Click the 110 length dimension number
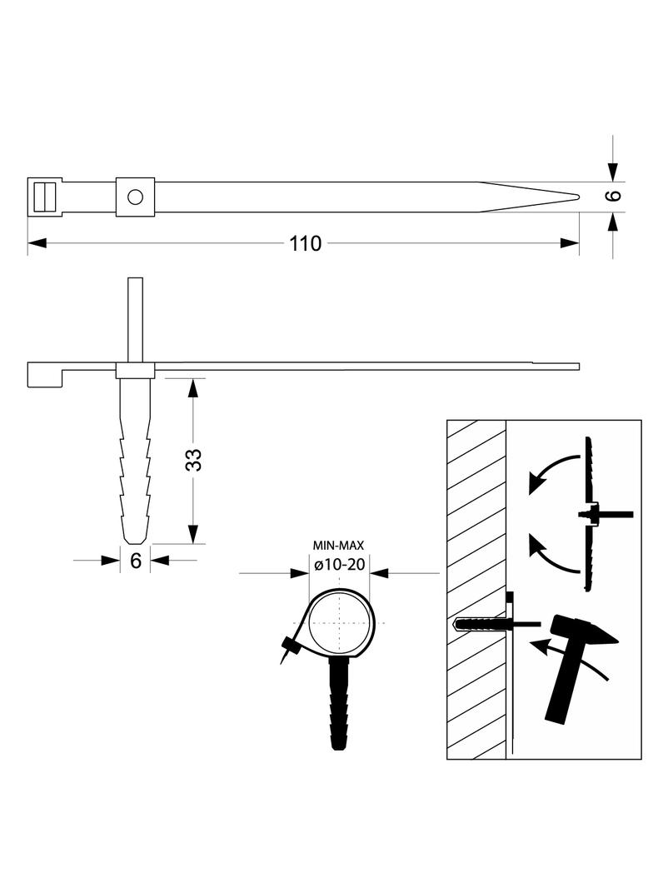[305, 243]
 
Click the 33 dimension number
[194, 460]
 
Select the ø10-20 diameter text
[340, 565]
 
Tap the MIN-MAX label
[339, 546]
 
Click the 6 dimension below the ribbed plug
[136, 561]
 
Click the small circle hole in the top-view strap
[136, 197]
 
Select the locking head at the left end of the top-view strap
[45, 197]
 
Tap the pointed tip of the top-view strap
[578, 197]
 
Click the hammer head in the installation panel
[584, 631]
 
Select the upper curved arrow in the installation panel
[553, 472]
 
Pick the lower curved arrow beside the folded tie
[553, 553]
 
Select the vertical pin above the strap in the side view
[136, 320]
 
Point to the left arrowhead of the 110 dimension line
[37, 243]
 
